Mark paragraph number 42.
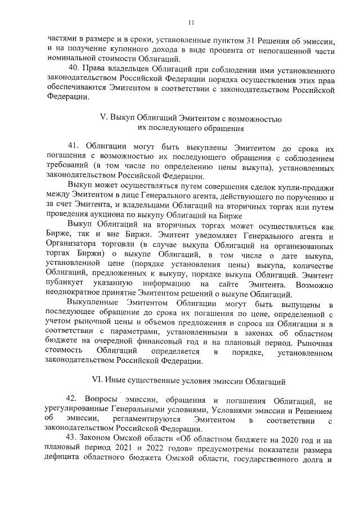[x=73, y=401]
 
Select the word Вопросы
[x=104, y=401]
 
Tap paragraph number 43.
[x=72, y=438]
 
